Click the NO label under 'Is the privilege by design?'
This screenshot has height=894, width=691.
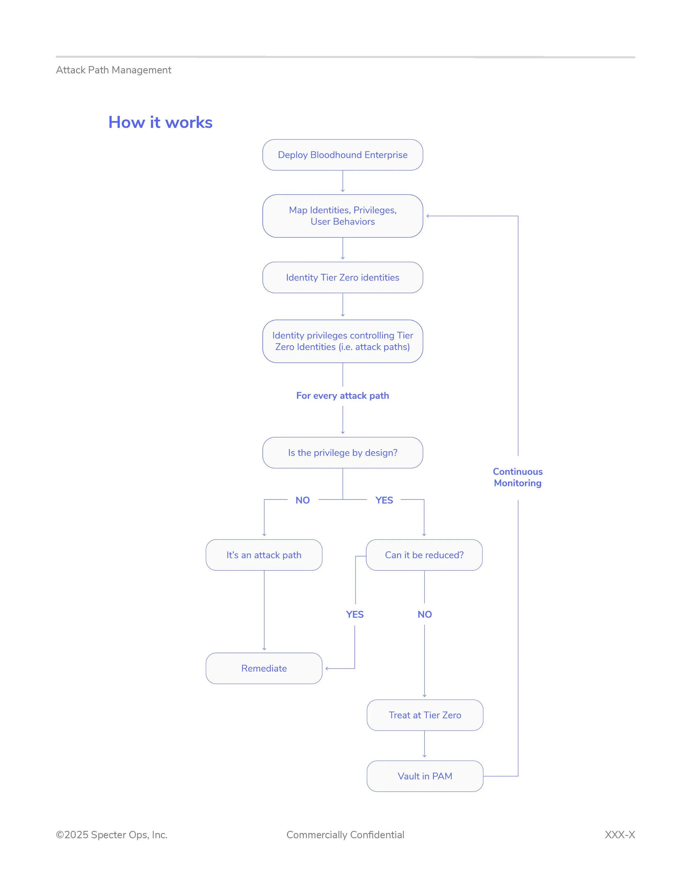tap(302, 500)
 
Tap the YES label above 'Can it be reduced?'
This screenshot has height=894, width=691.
tap(384, 500)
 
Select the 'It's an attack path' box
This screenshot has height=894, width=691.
tap(264, 555)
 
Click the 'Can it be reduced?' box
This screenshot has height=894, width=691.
tap(424, 555)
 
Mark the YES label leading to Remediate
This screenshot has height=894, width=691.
tap(355, 614)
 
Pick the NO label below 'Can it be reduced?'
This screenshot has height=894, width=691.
tap(425, 614)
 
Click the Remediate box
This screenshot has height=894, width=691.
tap(264, 668)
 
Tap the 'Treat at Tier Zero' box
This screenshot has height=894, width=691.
tap(425, 715)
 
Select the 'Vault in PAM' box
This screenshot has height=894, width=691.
tap(425, 776)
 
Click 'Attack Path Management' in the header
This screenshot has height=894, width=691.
tap(113, 70)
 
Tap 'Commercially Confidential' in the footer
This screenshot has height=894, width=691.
tap(345, 835)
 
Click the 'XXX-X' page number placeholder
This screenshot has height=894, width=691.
tap(620, 835)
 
